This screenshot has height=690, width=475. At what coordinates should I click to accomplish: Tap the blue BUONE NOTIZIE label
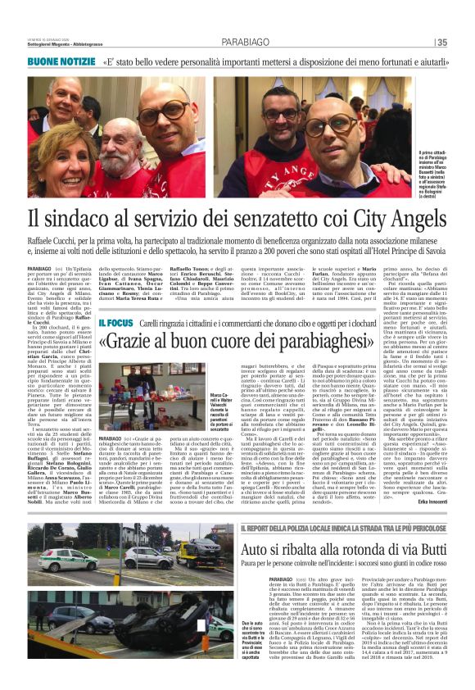coord(61,61)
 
